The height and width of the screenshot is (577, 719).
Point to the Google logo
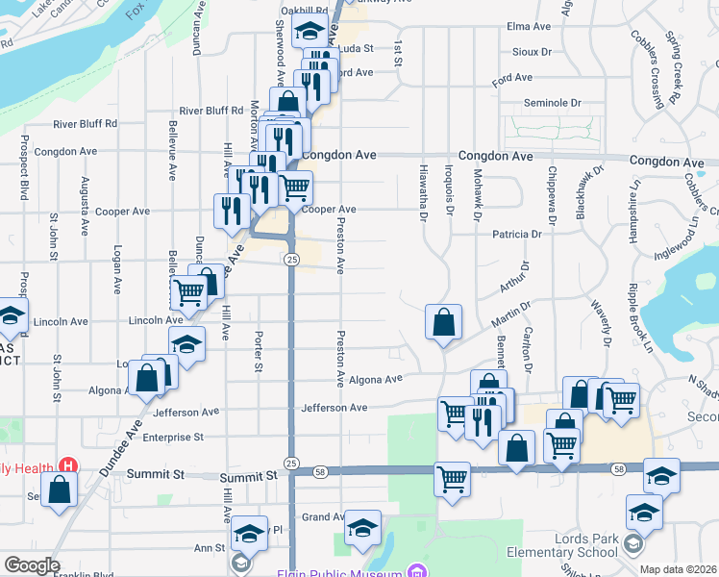pos(31,565)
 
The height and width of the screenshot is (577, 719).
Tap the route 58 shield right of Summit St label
pos(320,471)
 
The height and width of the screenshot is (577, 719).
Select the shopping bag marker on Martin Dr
pos(443,322)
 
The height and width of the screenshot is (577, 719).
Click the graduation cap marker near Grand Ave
pos(362,527)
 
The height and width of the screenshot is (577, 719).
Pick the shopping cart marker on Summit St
pos(452,479)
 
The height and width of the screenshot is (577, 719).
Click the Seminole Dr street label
pos(552,103)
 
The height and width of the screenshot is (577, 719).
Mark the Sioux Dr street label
pos(533,52)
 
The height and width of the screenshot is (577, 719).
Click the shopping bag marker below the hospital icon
pos(60,489)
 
